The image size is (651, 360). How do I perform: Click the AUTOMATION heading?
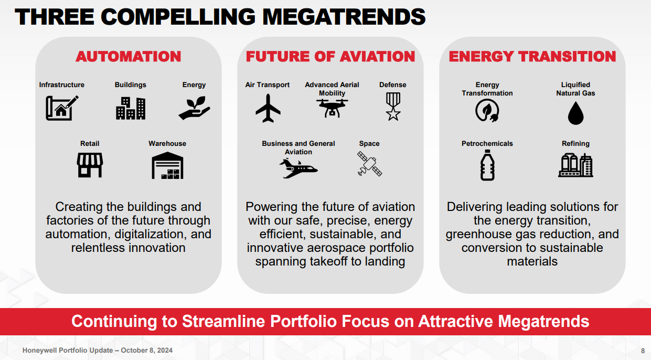(128, 56)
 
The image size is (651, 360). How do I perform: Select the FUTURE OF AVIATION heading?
(330, 56)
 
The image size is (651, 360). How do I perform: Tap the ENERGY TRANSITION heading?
(532, 56)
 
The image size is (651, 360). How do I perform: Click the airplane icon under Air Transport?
(268, 108)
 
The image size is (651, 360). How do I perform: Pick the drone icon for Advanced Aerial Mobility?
(332, 108)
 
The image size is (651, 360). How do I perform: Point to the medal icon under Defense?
(393, 107)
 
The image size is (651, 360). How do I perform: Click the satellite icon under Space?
(369, 164)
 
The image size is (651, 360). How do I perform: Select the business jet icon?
(298, 168)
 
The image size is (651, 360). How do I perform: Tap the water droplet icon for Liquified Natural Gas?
(575, 113)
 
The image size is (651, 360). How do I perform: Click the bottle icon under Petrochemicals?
(487, 165)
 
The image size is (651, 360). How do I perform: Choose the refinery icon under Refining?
(575, 165)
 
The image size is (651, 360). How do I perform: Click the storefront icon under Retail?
(90, 165)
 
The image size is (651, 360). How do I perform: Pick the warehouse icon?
(167, 165)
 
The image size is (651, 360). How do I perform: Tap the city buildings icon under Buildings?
(131, 108)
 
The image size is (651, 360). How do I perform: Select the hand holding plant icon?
(194, 108)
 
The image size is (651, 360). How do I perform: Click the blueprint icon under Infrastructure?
(62, 108)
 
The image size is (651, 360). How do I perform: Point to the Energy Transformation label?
(487, 89)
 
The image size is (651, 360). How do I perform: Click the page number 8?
(643, 351)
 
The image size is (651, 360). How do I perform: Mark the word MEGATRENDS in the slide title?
(344, 17)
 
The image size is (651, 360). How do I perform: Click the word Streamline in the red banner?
(223, 321)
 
